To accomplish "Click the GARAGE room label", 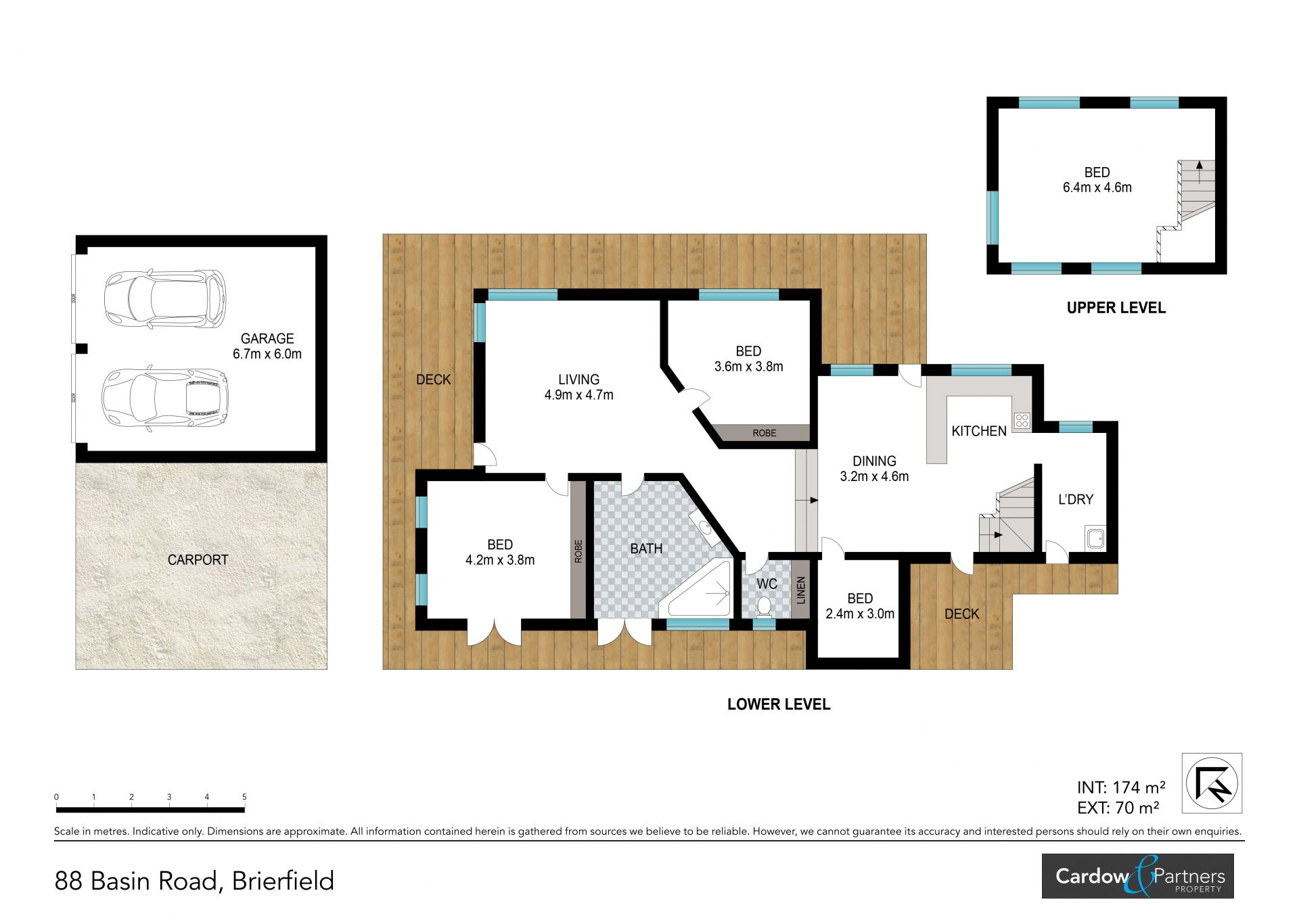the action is pyautogui.click(x=267, y=338).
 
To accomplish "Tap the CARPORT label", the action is pyautogui.click(x=198, y=559).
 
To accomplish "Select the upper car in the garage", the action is pyautogui.click(x=165, y=298).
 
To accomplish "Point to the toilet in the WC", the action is pyautogui.click(x=765, y=605).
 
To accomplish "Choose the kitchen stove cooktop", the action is pyautogui.click(x=1021, y=421).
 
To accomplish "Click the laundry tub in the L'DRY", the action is pyautogui.click(x=1095, y=538).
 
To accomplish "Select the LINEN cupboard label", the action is pyautogui.click(x=801, y=590).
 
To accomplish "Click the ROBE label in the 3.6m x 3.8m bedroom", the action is pyautogui.click(x=765, y=433).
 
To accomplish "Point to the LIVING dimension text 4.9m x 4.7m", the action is pyautogui.click(x=578, y=395).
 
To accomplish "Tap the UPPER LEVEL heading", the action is pyautogui.click(x=1116, y=308).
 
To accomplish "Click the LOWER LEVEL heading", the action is pyautogui.click(x=779, y=704).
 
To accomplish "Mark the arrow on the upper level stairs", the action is pyautogui.click(x=1199, y=173).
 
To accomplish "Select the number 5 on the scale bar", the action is pyautogui.click(x=244, y=797).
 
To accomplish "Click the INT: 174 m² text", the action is pyautogui.click(x=1121, y=787).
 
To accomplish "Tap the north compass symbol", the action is pyautogui.click(x=1212, y=783).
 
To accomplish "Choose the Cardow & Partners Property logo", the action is pyautogui.click(x=1137, y=876).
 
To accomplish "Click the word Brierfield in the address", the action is pyautogui.click(x=283, y=881).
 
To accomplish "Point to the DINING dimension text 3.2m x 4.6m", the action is pyautogui.click(x=874, y=476).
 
